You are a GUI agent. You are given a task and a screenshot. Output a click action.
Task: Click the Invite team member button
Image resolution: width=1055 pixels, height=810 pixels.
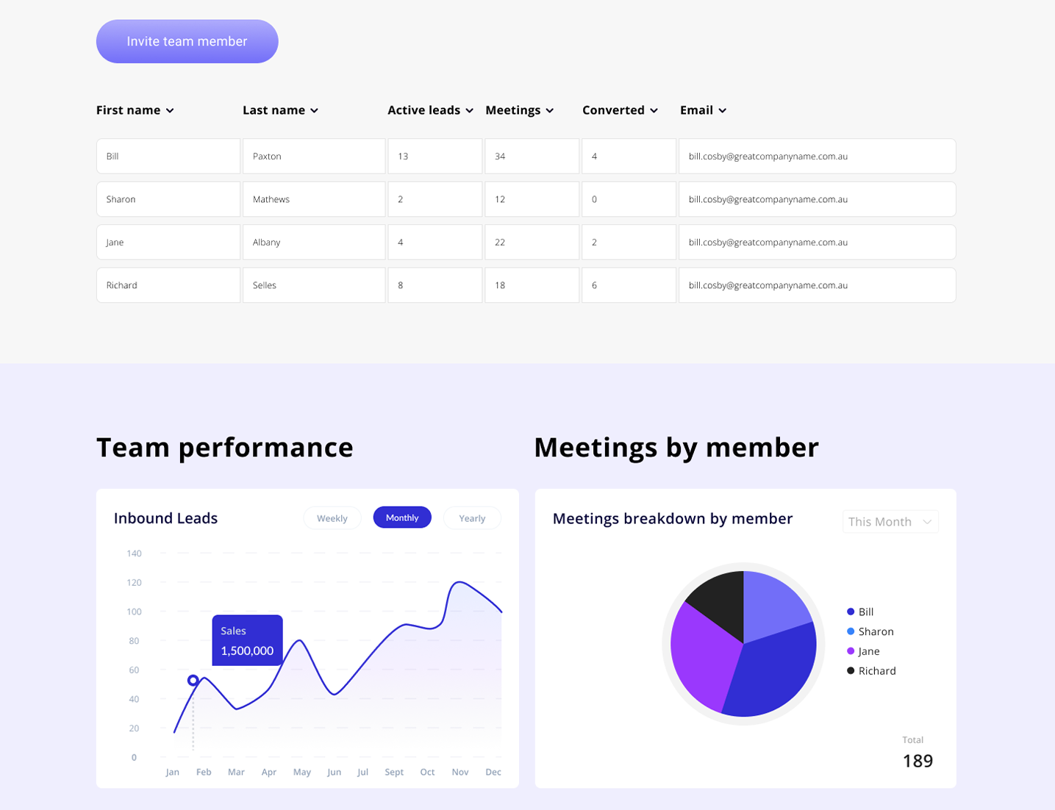[x=187, y=41]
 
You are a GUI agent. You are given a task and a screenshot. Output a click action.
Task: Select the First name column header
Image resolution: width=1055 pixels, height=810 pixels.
[x=135, y=110]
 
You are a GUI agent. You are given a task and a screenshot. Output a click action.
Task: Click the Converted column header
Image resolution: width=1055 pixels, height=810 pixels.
[x=619, y=110]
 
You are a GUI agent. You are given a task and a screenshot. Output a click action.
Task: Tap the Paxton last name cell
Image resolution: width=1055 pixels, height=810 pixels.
[x=314, y=157]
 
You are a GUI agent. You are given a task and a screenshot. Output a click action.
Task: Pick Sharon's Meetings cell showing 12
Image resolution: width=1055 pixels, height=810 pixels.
[x=532, y=199]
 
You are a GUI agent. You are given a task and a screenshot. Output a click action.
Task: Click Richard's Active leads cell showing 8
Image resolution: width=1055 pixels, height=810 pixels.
[x=434, y=285]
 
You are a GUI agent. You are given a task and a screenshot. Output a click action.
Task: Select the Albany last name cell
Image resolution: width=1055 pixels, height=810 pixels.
[x=314, y=243]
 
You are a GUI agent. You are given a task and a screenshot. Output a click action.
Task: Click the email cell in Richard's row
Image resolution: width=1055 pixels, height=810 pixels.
[x=817, y=285]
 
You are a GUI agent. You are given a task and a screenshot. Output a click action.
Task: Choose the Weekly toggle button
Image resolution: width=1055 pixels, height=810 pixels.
[x=332, y=518]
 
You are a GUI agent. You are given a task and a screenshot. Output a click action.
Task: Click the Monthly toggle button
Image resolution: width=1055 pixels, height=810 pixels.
[x=402, y=517]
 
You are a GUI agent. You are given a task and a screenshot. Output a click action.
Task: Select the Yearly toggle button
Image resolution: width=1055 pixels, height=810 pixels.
[x=472, y=518]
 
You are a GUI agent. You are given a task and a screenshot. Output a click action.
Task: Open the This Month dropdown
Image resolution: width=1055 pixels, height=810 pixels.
[x=890, y=522]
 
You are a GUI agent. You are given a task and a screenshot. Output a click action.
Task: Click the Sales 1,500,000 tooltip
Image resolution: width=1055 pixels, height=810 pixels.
[x=247, y=640]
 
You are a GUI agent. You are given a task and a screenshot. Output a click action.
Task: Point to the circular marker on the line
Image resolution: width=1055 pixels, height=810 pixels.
[x=193, y=681]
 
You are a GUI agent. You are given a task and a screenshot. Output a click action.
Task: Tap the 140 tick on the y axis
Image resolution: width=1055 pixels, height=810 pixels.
[x=134, y=553]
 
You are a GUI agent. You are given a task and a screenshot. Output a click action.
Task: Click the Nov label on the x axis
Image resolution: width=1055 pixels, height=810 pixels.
[x=460, y=772]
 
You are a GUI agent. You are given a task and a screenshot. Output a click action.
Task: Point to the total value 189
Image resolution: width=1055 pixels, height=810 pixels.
[x=918, y=761]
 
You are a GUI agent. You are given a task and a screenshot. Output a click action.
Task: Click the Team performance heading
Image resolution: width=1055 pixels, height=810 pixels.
[x=225, y=448]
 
